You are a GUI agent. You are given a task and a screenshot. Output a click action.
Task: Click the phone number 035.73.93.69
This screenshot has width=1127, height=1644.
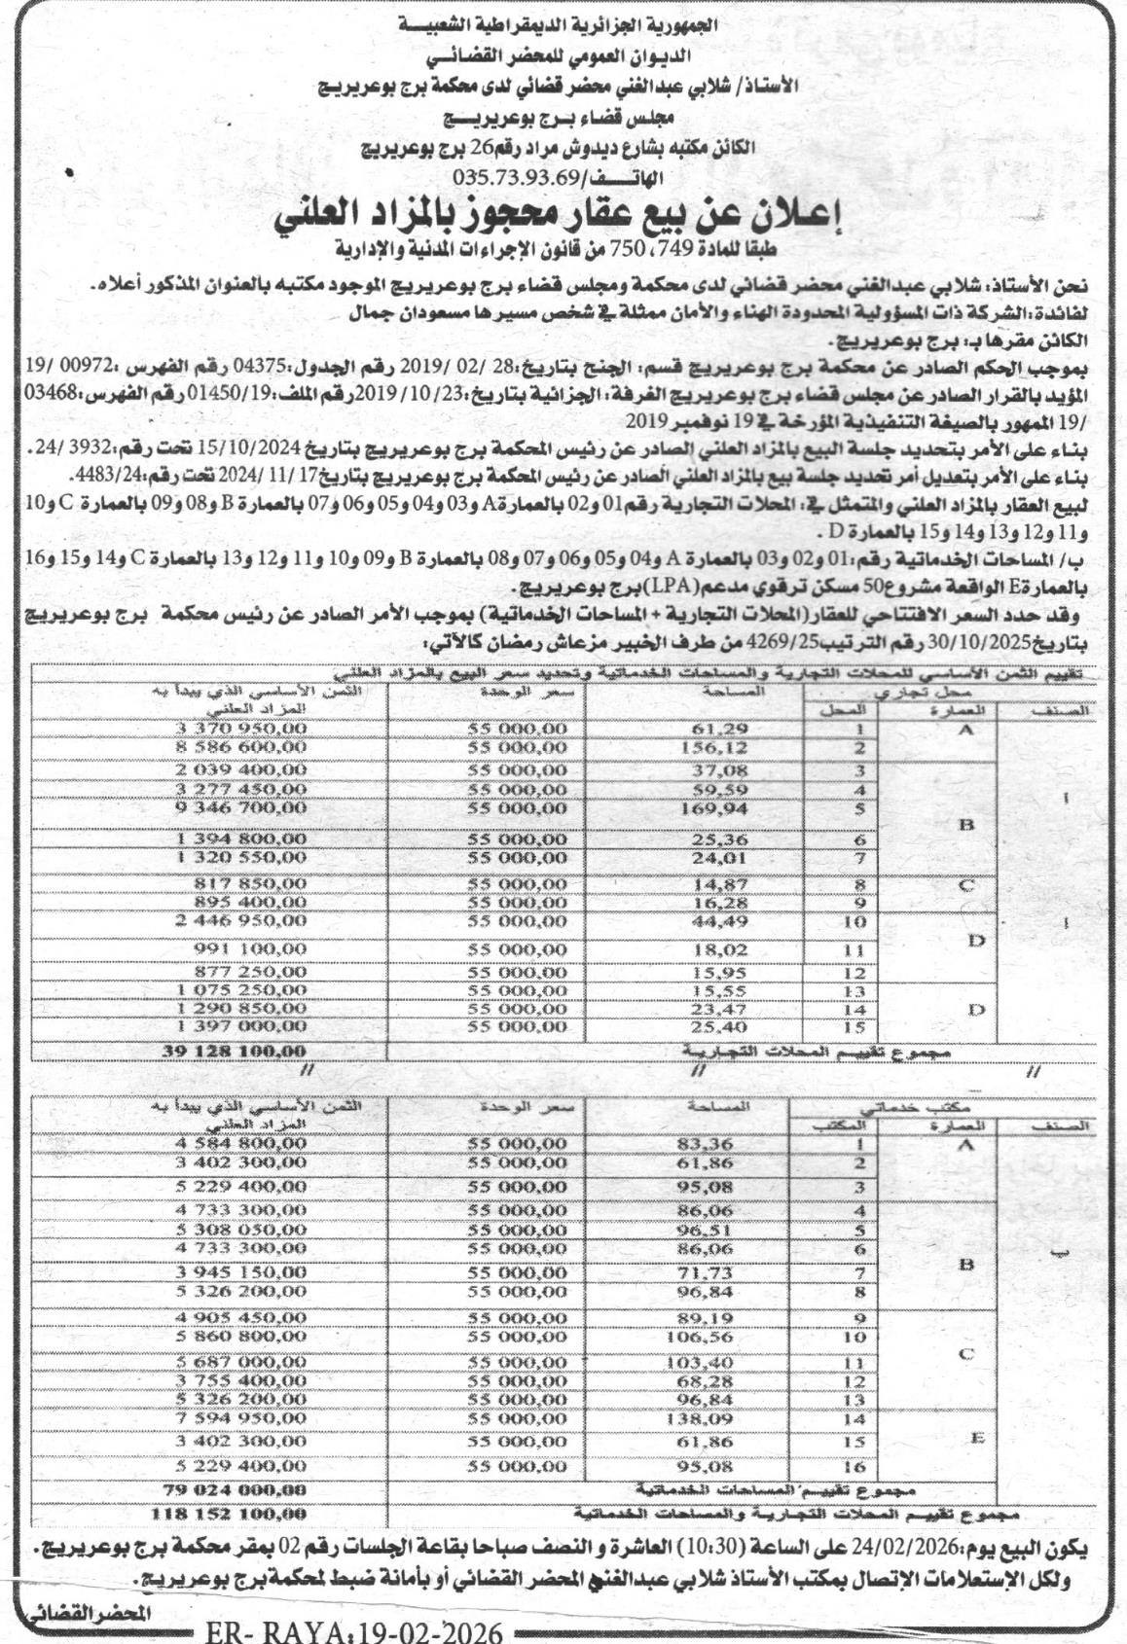coord(517,179)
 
